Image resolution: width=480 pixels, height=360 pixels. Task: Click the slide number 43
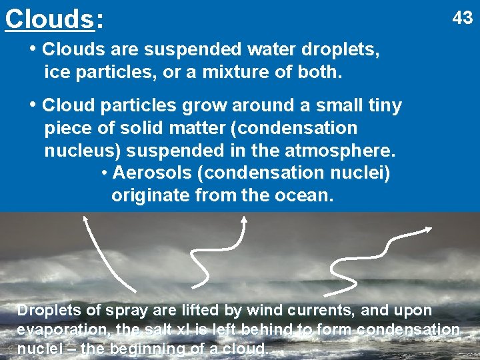[x=462, y=17]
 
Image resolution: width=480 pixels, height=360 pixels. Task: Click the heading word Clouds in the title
[x=49, y=19]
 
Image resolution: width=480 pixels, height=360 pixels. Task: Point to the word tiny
[x=381, y=105]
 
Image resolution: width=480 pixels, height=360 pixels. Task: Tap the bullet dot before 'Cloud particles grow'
[x=33, y=105]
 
